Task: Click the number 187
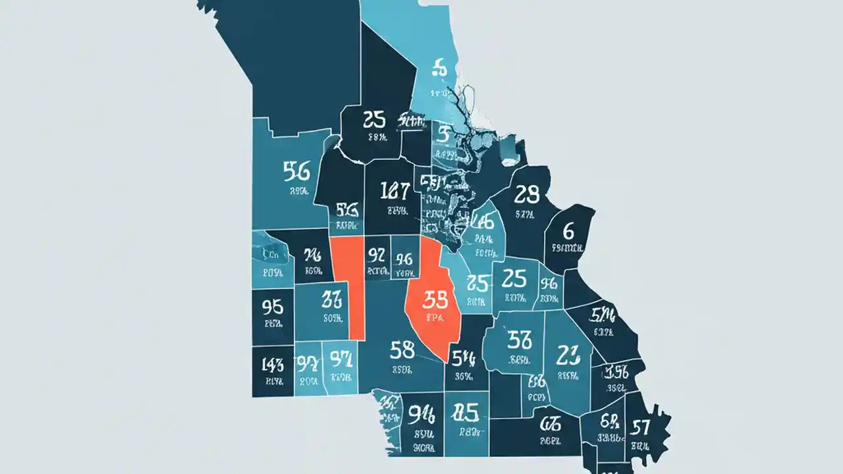coord(395,191)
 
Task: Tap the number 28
coord(526,194)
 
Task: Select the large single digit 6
coord(568,230)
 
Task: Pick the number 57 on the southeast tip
coord(640,428)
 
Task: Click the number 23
coord(568,355)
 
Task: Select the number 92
coord(377,255)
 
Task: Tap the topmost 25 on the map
coord(373,119)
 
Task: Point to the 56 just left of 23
coord(520,340)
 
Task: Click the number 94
coord(421,414)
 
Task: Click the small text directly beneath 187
coord(396,212)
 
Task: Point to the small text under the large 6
coord(567,249)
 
